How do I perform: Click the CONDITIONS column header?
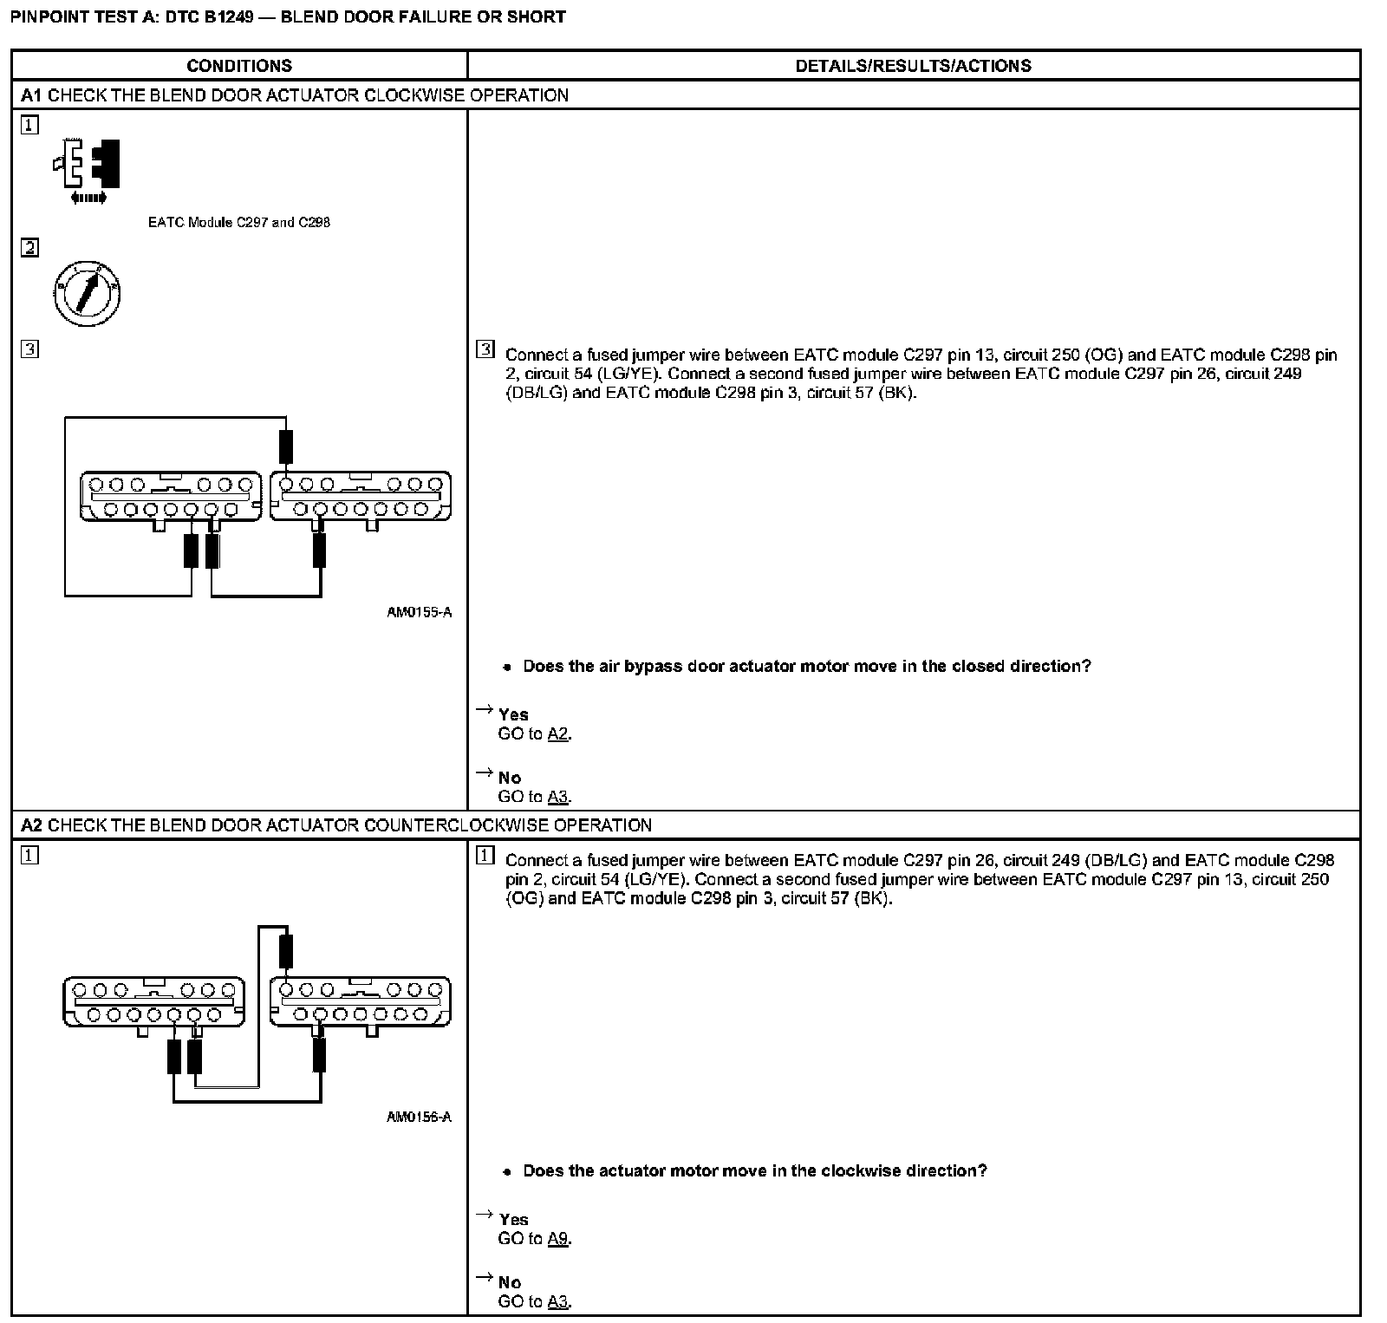[x=239, y=66]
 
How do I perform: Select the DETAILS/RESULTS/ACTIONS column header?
[x=913, y=66]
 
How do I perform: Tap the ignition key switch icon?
[x=86, y=294]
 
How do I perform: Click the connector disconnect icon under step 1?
[x=87, y=166]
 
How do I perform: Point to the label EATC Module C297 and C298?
[x=239, y=223]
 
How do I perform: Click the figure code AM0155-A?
[x=419, y=613]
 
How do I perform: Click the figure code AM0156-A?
[x=419, y=1118]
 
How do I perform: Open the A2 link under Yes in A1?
[x=558, y=734]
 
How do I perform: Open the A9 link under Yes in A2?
[x=558, y=1239]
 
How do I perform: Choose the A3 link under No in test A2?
[x=558, y=1301]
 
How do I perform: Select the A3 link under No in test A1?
[x=558, y=797]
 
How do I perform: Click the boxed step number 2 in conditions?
[x=29, y=249]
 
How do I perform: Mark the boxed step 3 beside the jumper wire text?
[x=485, y=350]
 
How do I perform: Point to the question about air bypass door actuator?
[x=806, y=667]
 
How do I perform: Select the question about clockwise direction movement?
[x=754, y=1171]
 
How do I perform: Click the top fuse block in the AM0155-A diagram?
[x=285, y=447]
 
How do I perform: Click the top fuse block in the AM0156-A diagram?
[x=285, y=951]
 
